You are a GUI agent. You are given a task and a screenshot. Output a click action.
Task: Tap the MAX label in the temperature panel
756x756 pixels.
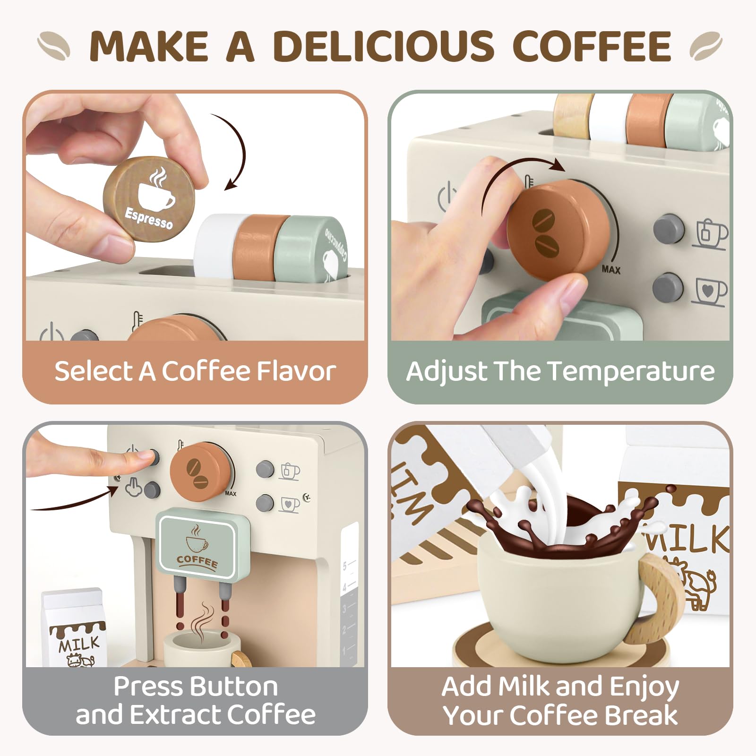pos(611,269)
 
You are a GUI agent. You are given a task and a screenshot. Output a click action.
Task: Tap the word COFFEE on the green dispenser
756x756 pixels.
pos(197,561)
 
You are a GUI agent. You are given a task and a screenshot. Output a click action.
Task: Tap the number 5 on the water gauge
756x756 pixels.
pos(344,566)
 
